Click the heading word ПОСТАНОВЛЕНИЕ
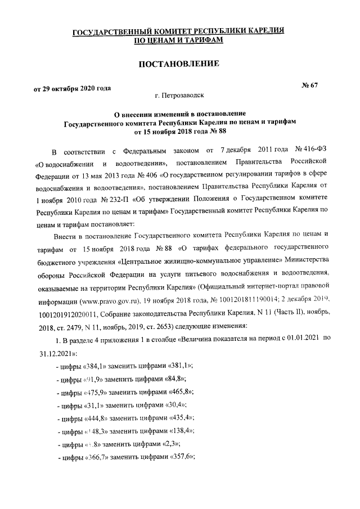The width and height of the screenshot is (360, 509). (x=178, y=64)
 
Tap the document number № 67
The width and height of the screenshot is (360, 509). (x=310, y=85)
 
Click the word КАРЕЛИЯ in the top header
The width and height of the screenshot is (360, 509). (x=264, y=31)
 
